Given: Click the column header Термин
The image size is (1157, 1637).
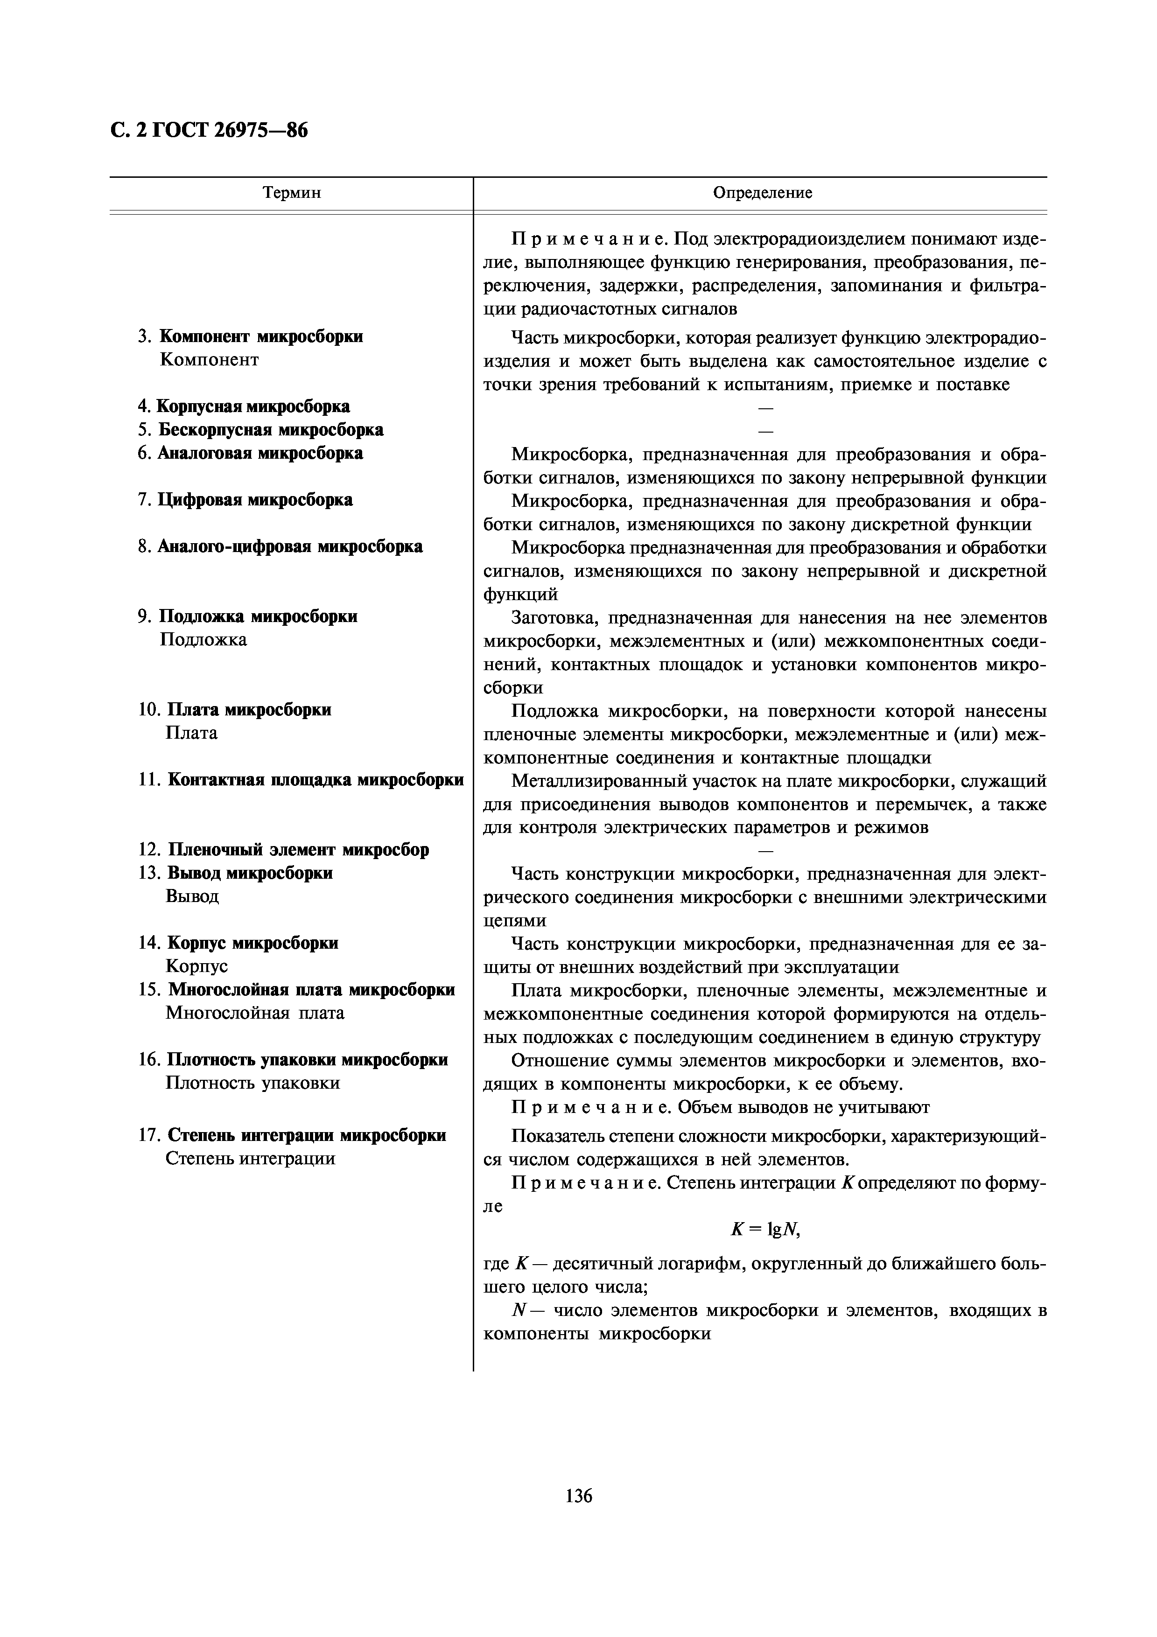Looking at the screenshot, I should coord(292,193).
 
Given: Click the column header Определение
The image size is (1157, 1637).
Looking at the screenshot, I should coord(762,193).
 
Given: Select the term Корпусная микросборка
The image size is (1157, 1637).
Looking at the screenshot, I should coord(252,406).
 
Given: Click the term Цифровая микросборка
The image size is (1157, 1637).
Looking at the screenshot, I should coord(254,500).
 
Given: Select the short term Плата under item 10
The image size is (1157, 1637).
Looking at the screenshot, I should coord(191,733).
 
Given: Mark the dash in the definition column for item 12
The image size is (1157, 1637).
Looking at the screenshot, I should coord(765,851).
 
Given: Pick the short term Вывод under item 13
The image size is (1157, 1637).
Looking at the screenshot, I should coord(192,896).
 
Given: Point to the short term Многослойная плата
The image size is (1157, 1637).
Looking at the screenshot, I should coord(254,1013).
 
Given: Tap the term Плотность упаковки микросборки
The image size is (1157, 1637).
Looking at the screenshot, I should coord(307,1060).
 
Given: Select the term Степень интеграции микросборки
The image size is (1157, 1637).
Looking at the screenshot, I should coord(307,1135).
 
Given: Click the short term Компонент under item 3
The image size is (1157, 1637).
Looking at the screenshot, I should coord(209,359).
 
